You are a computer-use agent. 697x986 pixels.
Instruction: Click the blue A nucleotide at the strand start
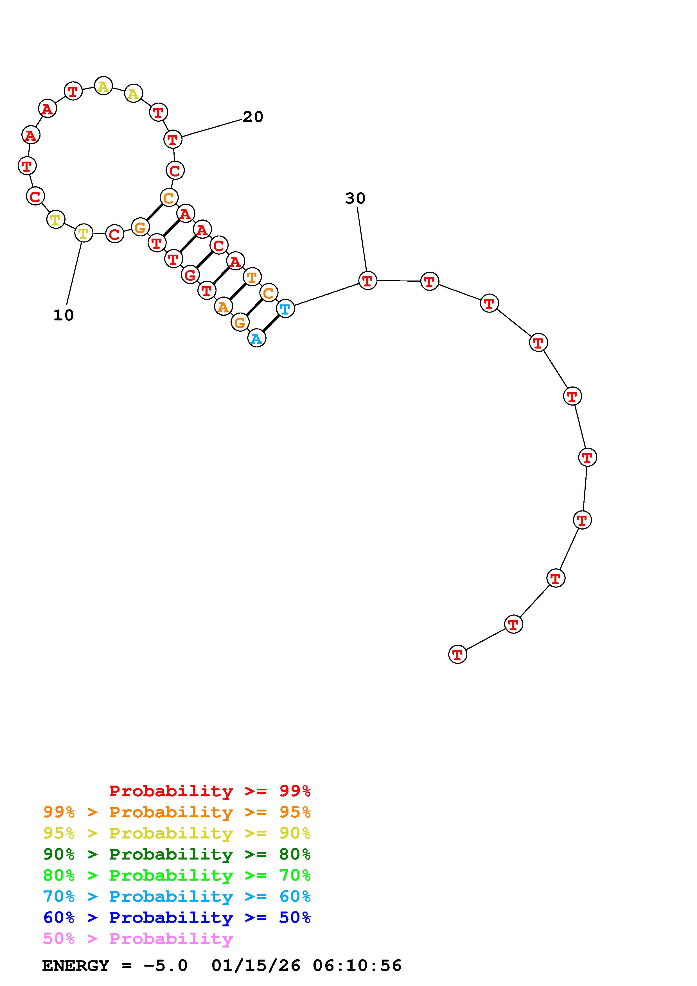click(x=257, y=338)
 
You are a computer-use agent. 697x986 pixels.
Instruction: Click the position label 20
click(x=253, y=117)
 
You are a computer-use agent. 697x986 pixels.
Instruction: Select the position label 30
click(x=355, y=198)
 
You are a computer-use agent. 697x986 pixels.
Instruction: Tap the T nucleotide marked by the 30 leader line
click(x=367, y=281)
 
